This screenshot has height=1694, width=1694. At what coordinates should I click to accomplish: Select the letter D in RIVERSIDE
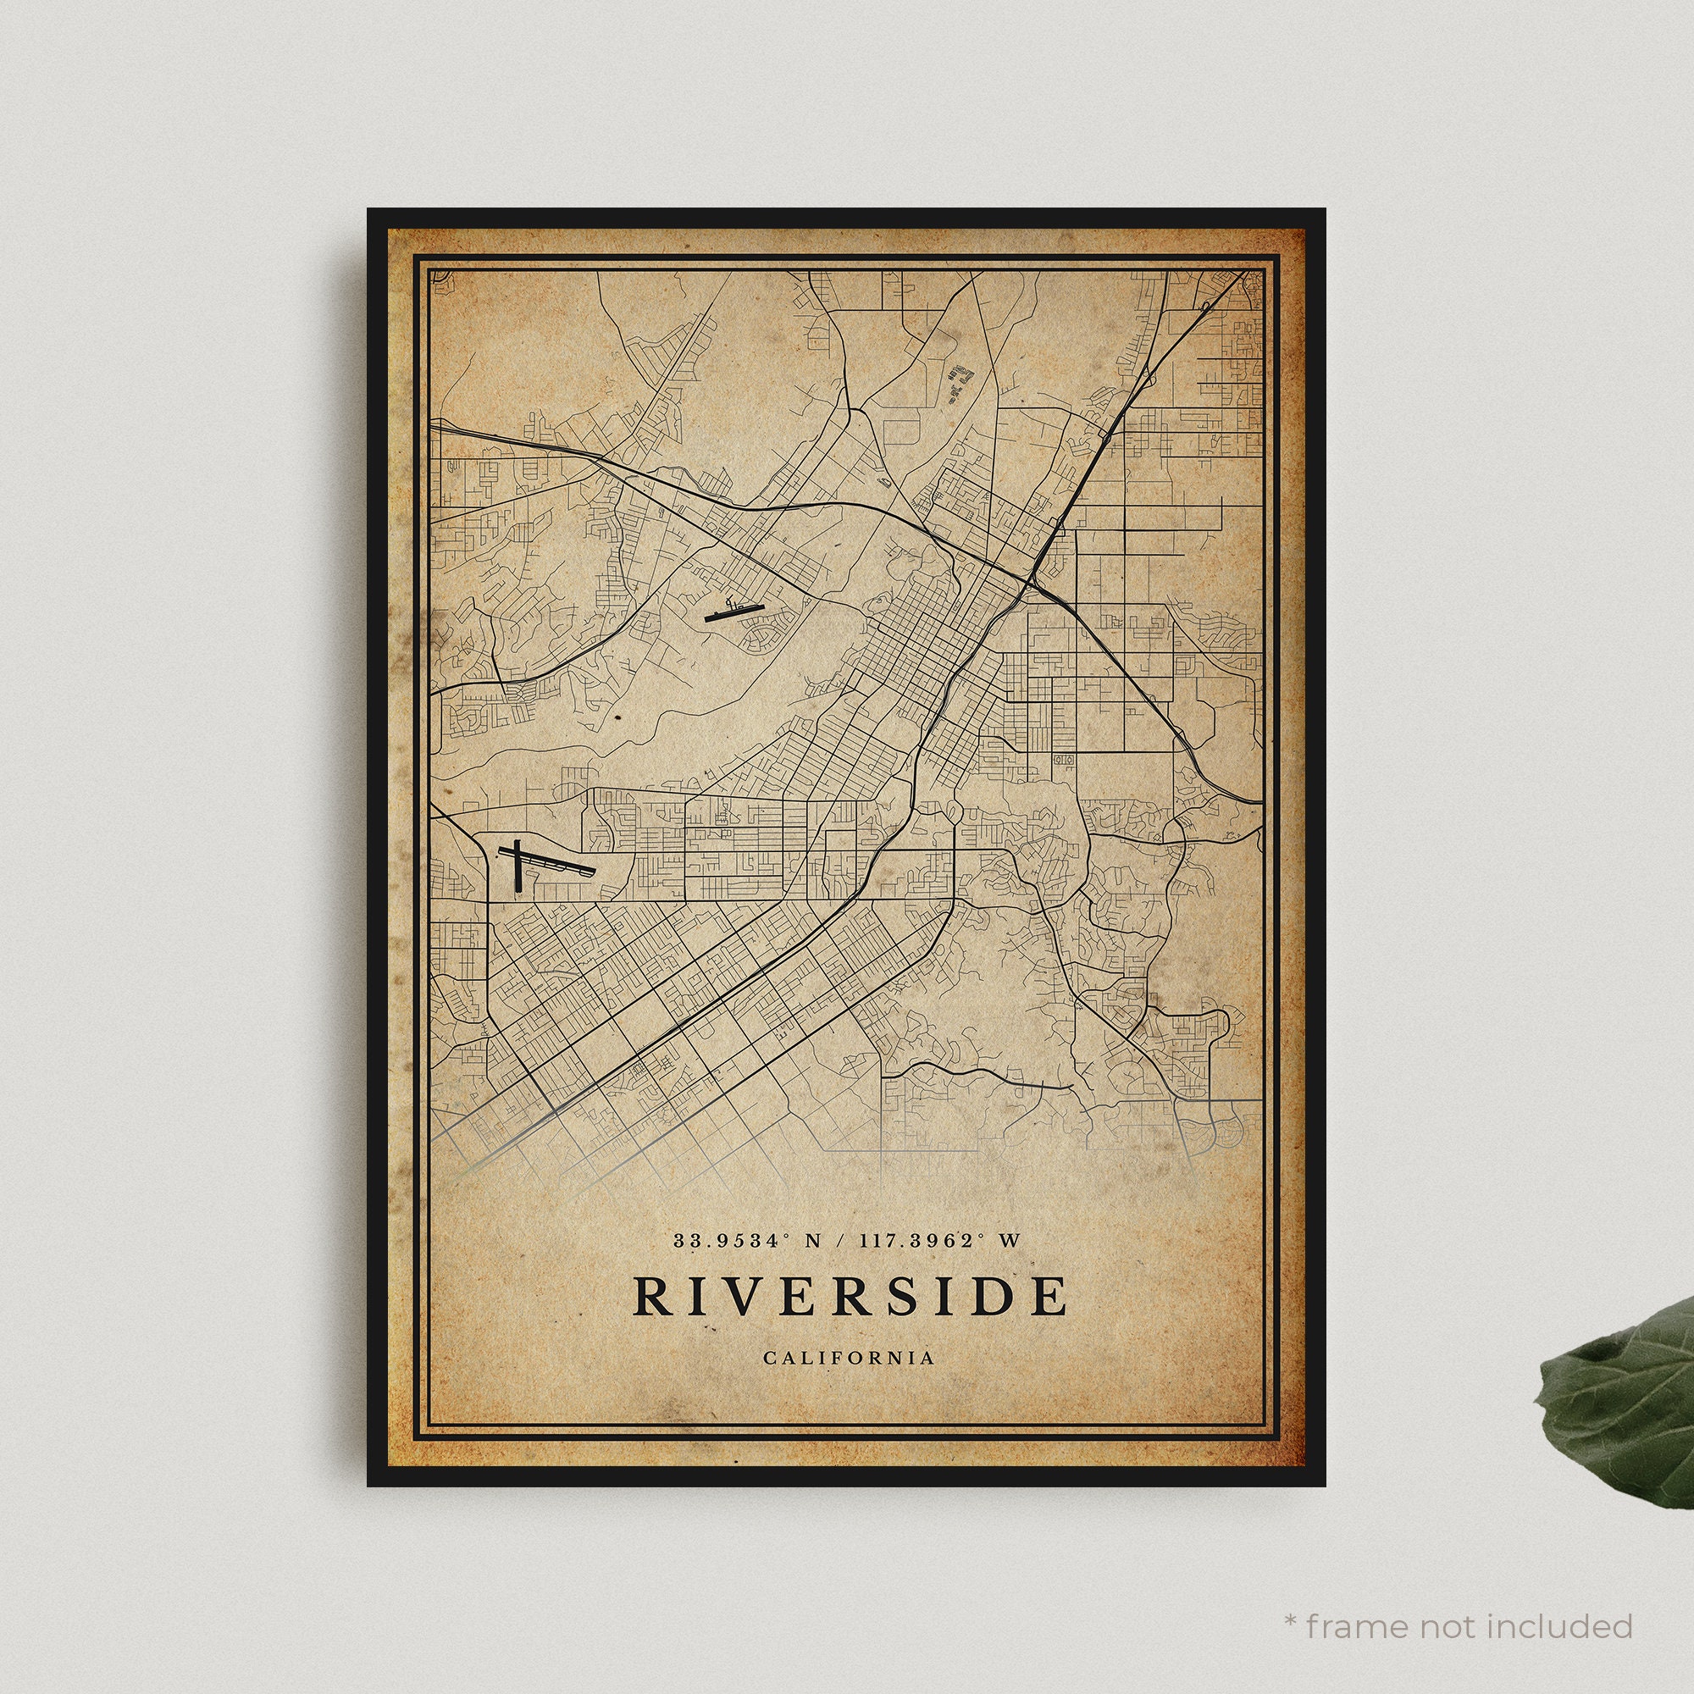[x=993, y=1296]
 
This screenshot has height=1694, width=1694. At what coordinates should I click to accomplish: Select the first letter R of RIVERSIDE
[x=650, y=1296]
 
